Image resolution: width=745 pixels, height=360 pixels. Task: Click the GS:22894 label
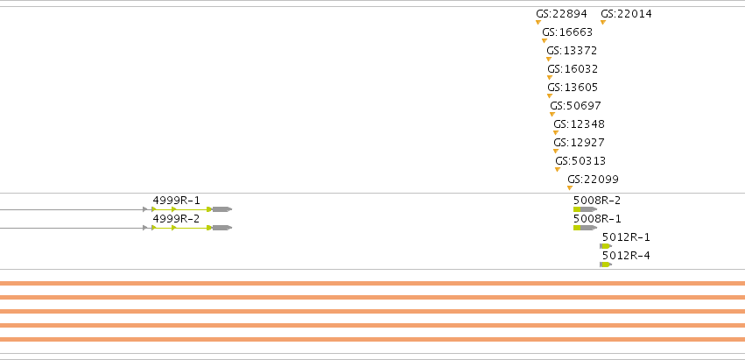click(562, 14)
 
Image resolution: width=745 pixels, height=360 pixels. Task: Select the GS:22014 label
click(626, 14)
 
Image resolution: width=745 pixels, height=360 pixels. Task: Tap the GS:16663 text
click(567, 32)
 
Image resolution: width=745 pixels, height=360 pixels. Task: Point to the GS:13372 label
click(572, 51)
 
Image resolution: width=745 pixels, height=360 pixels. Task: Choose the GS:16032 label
click(573, 69)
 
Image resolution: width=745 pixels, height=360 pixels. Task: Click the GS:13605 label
click(573, 88)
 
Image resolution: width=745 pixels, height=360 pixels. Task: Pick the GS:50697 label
click(575, 106)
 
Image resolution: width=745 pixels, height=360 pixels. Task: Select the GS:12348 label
click(580, 124)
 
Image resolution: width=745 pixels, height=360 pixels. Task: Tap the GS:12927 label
click(580, 143)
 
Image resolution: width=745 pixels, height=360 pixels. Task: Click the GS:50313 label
click(580, 161)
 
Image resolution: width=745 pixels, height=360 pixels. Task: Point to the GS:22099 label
click(593, 180)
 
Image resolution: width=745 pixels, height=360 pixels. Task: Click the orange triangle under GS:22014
click(603, 23)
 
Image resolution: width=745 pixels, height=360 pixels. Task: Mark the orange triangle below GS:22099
click(570, 187)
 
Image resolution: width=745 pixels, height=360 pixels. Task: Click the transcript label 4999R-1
click(176, 201)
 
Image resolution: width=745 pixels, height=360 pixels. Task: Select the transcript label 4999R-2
click(176, 219)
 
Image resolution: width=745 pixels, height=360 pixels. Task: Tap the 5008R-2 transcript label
click(597, 201)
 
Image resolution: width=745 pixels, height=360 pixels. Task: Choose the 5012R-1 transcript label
click(626, 237)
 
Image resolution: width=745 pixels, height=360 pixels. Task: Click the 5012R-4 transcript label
click(626, 256)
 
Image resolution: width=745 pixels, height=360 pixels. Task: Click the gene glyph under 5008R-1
click(586, 228)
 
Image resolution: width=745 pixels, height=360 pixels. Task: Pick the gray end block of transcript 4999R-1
click(221, 209)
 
